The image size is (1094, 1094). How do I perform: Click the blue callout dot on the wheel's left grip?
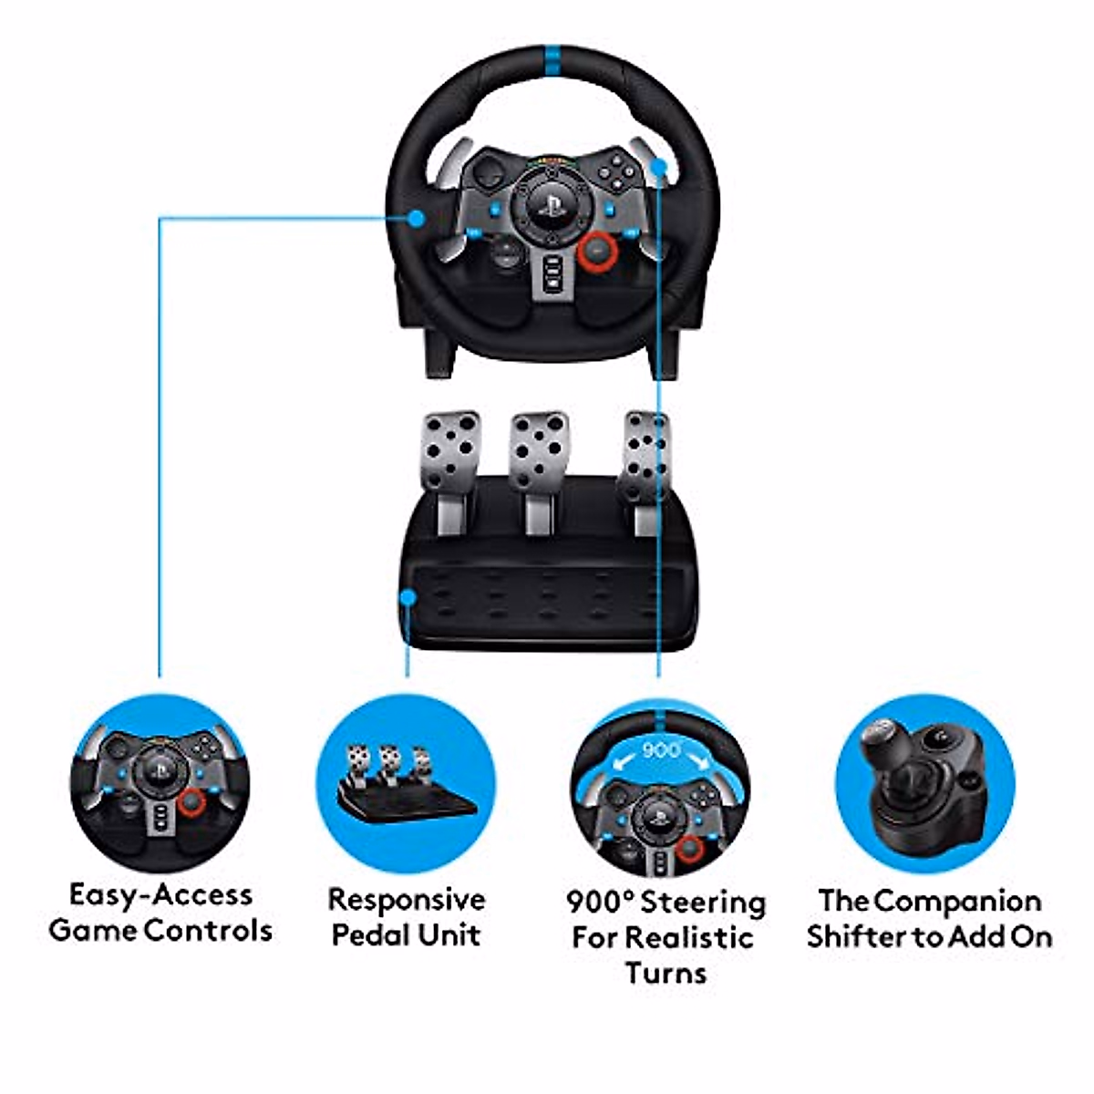(x=417, y=219)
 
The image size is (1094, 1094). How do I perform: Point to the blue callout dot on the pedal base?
(x=408, y=597)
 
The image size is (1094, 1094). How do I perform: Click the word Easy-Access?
(x=160, y=894)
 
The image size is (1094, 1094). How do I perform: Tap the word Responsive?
(x=407, y=900)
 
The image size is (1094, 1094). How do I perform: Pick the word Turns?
(x=666, y=972)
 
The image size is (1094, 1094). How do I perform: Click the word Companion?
(x=958, y=901)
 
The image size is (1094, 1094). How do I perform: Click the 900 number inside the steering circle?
(x=662, y=750)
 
